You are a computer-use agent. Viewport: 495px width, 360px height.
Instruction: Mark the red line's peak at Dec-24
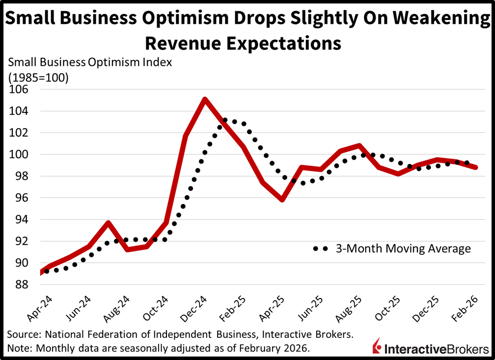click(x=204, y=99)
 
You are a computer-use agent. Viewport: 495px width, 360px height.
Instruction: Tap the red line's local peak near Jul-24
click(x=108, y=222)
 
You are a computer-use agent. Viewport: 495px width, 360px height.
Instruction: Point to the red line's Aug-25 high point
click(x=359, y=145)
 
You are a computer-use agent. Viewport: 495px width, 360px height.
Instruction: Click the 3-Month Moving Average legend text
click(x=403, y=249)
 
